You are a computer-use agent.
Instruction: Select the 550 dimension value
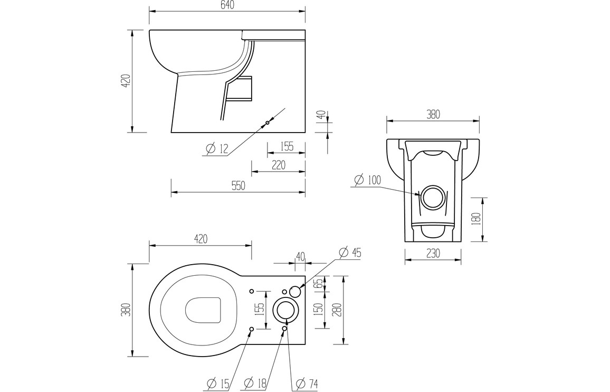[x=238, y=186]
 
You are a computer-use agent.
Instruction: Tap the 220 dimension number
[x=278, y=165]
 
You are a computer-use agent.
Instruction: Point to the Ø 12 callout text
[x=217, y=148]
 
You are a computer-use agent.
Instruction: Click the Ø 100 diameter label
[x=368, y=180]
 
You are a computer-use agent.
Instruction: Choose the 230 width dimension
[x=433, y=253]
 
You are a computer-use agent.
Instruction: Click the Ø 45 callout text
[x=350, y=253]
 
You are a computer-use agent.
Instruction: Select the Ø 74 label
[x=307, y=384]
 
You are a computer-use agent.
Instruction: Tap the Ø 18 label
[x=255, y=384]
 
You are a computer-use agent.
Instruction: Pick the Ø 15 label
[x=218, y=384]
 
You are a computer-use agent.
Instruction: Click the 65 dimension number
[x=319, y=283]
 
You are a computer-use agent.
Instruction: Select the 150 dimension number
[x=319, y=310]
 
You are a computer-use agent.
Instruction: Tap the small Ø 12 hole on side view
[x=267, y=123]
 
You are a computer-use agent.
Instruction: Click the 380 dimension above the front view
[x=433, y=115]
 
